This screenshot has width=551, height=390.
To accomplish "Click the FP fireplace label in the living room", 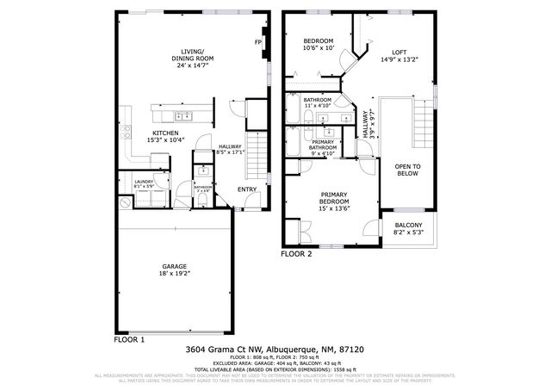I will [257, 43].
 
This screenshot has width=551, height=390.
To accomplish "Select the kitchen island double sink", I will [183, 115].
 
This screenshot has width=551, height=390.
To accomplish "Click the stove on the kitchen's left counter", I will [126, 132].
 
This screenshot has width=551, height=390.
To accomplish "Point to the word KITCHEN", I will [165, 133].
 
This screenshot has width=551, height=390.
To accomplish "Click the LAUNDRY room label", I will [143, 182].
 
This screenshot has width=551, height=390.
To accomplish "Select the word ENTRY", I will [247, 189].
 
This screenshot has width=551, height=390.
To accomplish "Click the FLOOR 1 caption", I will [130, 340].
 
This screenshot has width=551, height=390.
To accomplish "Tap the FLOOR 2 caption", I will [298, 254].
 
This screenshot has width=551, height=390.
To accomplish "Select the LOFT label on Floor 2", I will [399, 52].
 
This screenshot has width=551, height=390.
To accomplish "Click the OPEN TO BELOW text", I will [407, 170].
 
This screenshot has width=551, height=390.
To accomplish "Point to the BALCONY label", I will [408, 226].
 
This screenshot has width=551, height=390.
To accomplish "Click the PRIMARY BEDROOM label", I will [334, 199].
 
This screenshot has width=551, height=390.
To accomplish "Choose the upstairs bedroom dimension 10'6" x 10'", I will [319, 48].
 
